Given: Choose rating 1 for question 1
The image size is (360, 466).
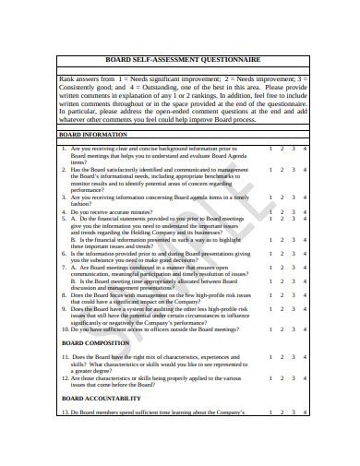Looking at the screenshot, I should tap(270, 147).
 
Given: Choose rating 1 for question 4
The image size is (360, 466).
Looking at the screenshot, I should tap(270, 211).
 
